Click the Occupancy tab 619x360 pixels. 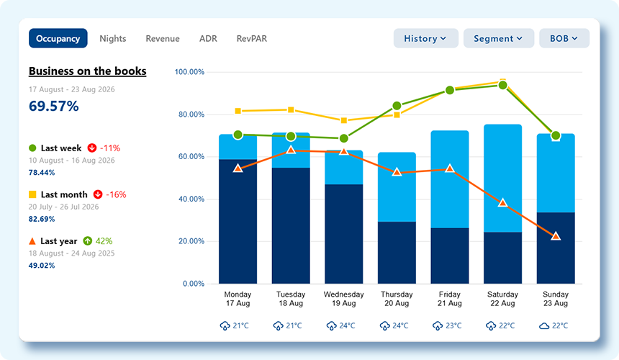[x=58, y=38]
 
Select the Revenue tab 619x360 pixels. [x=163, y=38]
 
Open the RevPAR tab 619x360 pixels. [x=251, y=38]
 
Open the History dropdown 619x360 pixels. [x=425, y=38]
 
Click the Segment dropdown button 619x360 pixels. [x=499, y=38]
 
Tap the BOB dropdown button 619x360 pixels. [x=564, y=38]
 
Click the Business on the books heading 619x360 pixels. [x=88, y=71]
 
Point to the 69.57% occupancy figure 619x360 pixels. [x=54, y=106]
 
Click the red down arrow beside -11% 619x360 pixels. [x=92, y=148]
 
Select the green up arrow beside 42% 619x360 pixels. [x=87, y=240]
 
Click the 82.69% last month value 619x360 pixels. [x=42, y=219]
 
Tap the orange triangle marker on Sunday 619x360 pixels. [x=556, y=236]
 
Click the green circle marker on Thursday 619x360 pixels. [x=397, y=106]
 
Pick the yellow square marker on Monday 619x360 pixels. [x=238, y=111]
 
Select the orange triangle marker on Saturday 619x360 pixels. [x=502, y=203]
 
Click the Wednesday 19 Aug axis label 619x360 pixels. [x=343, y=299]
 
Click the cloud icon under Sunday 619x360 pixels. [x=544, y=326]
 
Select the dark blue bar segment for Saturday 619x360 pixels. [x=502, y=258]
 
